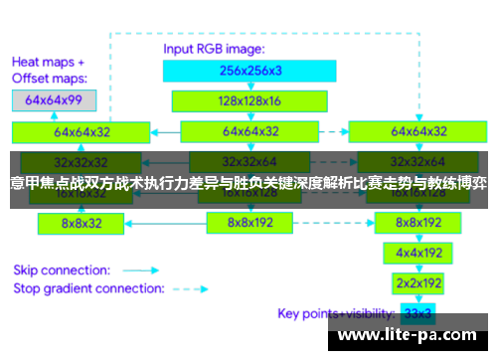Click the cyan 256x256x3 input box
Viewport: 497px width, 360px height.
pyautogui.click(x=250, y=71)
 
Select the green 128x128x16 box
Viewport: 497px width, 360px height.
pyautogui.click(x=250, y=100)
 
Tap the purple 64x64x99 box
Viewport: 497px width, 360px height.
pyautogui.click(x=54, y=100)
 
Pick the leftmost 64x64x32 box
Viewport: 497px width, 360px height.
pyautogui.click(x=83, y=130)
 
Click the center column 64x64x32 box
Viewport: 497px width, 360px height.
pyautogui.click(x=250, y=130)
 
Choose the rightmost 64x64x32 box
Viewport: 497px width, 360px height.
pyautogui.click(x=418, y=130)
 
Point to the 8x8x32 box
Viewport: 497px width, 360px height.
pyautogui.click(x=82, y=224)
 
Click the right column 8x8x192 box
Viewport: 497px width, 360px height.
pyautogui.click(x=418, y=223)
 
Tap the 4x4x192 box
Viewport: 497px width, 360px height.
pyautogui.click(x=418, y=253)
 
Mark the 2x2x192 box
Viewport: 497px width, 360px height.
pyautogui.click(x=418, y=282)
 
